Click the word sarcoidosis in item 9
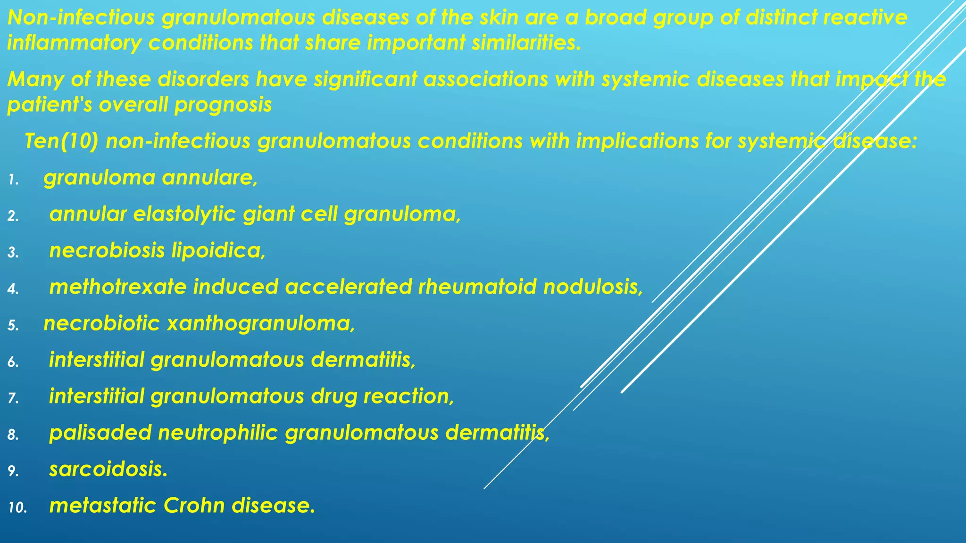108,469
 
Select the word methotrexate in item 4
118,287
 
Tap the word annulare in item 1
210,178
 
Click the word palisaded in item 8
100,433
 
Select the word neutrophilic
218,433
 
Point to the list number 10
18,508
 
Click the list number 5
13,326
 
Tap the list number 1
13,180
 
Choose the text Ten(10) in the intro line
61,141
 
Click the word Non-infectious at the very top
81,18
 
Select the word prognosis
223,105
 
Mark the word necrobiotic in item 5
102,324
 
